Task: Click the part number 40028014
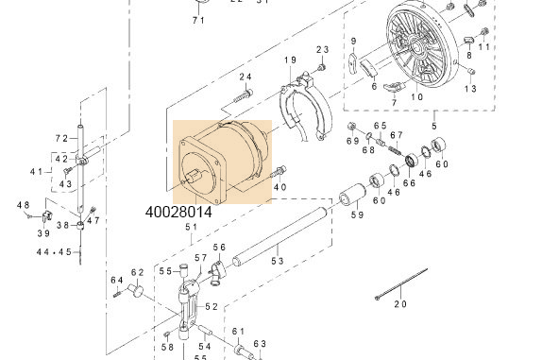coord(178,214)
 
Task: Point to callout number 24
coord(246,77)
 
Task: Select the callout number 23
coord(322,50)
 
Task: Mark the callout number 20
coord(399,304)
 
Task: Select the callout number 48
coord(24,205)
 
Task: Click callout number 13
coord(470,88)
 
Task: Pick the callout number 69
coord(352,141)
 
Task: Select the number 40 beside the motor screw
coord(279,187)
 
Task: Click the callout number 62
coord(137,272)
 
